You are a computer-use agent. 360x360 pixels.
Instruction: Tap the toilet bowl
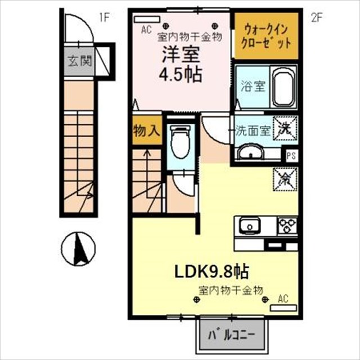(181, 142)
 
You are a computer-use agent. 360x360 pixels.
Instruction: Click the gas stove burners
(287, 226)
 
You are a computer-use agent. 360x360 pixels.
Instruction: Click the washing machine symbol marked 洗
(285, 128)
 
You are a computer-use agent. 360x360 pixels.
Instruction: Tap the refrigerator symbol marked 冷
(285, 179)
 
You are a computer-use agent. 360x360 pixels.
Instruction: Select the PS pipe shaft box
(291, 156)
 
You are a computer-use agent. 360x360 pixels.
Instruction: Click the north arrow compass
(78, 249)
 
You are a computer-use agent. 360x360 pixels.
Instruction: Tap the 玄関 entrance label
(80, 61)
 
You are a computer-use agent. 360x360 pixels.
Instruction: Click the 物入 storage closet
(147, 130)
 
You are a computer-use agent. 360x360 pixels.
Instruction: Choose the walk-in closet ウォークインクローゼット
(266, 35)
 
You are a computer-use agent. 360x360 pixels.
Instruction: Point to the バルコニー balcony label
(231, 336)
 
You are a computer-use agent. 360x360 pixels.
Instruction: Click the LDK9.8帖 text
(211, 272)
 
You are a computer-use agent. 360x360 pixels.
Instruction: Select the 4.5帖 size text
(181, 74)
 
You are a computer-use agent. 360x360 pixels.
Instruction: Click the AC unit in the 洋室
(147, 19)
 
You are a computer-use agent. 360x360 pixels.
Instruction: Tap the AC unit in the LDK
(283, 308)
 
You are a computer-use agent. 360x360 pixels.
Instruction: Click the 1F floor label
(104, 17)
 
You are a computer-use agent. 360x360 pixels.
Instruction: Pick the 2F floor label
(317, 17)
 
